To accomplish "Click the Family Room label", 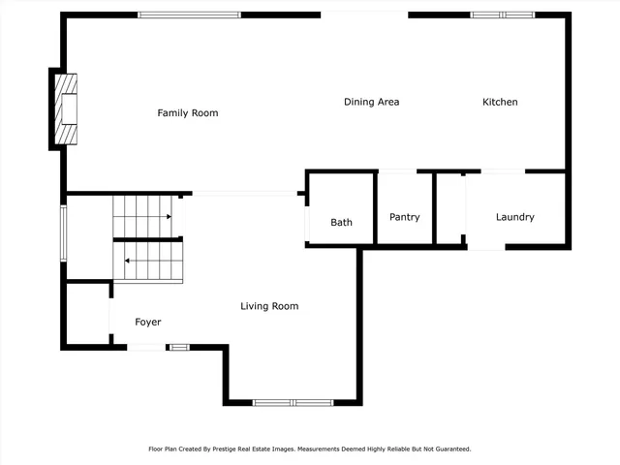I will click(x=188, y=113).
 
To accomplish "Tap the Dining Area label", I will click(x=371, y=102).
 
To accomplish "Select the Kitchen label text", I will click(x=500, y=102).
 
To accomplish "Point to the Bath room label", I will click(x=341, y=222).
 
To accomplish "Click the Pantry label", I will click(x=404, y=217).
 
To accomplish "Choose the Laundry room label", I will click(x=514, y=217).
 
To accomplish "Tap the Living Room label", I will click(x=269, y=306).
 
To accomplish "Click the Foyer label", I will click(x=147, y=322).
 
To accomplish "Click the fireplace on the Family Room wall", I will click(x=65, y=108).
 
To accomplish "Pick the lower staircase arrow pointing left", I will click(x=128, y=261).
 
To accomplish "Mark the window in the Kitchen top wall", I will click(x=502, y=15).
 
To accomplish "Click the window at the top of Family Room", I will click(x=189, y=15).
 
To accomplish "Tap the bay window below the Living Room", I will click(x=293, y=402).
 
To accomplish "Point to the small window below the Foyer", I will click(x=178, y=347).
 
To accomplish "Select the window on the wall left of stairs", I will click(x=64, y=232).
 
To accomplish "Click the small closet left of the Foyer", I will click(x=87, y=314).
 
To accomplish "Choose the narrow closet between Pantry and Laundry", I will click(x=449, y=208).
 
